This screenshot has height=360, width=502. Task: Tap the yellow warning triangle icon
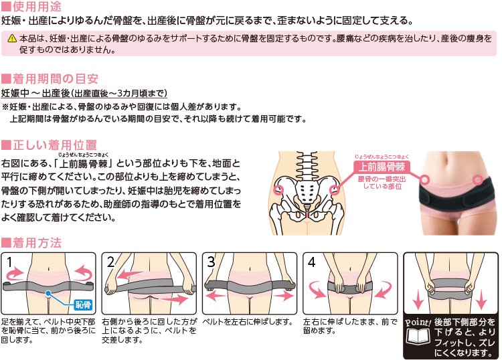pyautogui.click(x=12, y=38)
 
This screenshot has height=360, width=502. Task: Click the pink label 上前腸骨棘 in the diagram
pyautogui.click(x=382, y=167)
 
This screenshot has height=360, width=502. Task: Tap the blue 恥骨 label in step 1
pyautogui.click(x=83, y=304)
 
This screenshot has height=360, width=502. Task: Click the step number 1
pyautogui.click(x=10, y=262)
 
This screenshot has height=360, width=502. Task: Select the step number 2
pyautogui.click(x=110, y=262)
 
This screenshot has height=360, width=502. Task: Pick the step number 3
pyautogui.click(x=212, y=262)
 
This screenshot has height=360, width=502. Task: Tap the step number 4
pyautogui.click(x=311, y=262)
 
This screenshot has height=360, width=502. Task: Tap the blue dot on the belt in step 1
pyautogui.click(x=48, y=292)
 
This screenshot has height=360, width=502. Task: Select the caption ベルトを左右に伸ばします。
pyautogui.click(x=248, y=322)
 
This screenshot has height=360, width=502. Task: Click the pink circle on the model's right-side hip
pyautogui.click(x=477, y=179)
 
